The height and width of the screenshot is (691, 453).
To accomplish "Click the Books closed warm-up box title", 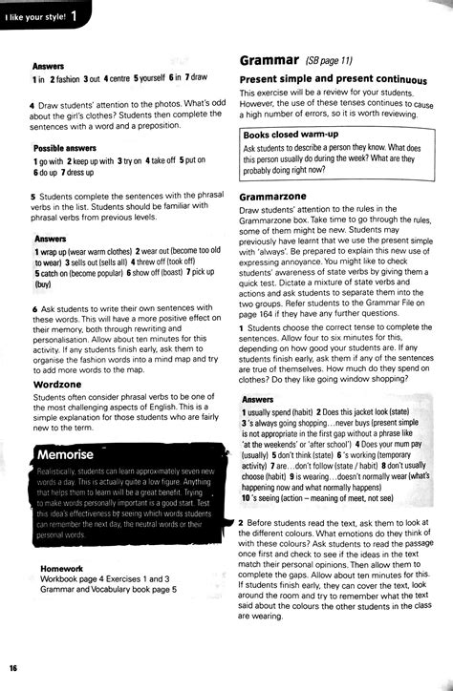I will pos(290,136).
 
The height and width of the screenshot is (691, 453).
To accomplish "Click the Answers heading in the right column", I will pos(258,399).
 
